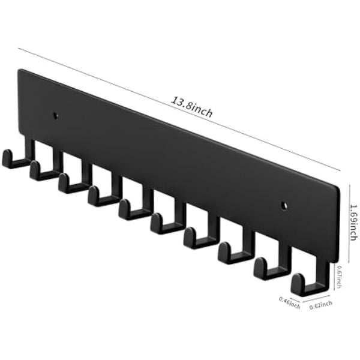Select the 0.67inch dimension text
(340, 277)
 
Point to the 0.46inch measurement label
(290, 301)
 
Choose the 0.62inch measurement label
(320, 305)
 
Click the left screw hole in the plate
(56, 114)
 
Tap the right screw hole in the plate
(284, 206)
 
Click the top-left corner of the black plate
(19, 70)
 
